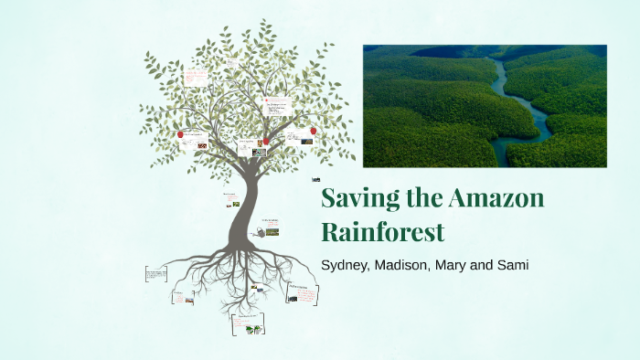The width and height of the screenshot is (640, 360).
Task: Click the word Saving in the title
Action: pos(354,198)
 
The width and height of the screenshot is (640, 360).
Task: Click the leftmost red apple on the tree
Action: pos(180,134)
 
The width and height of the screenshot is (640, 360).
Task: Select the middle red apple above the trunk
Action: pos(266,142)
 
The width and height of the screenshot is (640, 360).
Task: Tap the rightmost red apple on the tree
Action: pos(313,131)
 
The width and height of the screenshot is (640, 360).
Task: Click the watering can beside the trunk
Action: pos(261,233)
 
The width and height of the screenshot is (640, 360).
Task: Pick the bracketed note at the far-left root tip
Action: pos(156,273)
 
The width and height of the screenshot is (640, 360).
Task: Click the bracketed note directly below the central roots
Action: pos(247,324)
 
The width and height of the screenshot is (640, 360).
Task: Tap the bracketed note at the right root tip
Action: pos(304,292)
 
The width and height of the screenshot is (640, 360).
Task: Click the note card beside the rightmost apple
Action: pos(297,136)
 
